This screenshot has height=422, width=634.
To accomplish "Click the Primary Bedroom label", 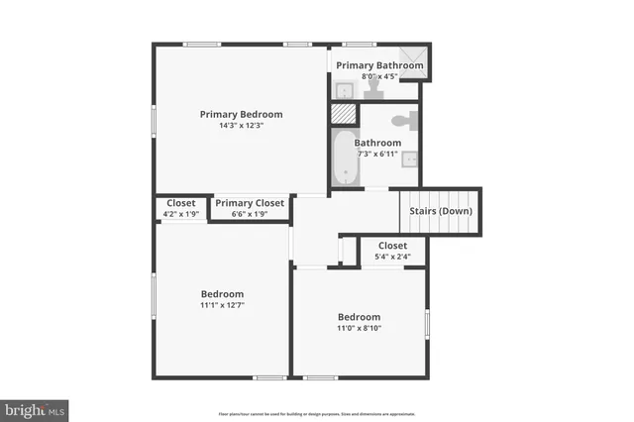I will (x=241, y=114).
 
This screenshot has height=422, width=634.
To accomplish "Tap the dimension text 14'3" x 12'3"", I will (x=241, y=126).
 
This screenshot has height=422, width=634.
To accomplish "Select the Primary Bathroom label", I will (x=379, y=65).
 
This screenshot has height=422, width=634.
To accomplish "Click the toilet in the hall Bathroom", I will (x=402, y=122).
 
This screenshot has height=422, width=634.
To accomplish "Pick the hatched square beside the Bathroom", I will (x=343, y=115).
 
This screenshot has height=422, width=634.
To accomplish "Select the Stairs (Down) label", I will (x=441, y=211).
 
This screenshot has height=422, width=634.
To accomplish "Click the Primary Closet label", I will (x=250, y=203).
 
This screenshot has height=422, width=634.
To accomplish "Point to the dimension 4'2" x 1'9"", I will (x=180, y=214).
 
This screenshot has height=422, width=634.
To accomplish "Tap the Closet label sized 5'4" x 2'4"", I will (x=392, y=246).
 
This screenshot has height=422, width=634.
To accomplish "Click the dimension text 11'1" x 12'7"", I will (x=222, y=306).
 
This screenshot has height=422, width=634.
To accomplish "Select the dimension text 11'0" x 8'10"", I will (x=360, y=328).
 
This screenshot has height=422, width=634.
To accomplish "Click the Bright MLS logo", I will (x=35, y=409).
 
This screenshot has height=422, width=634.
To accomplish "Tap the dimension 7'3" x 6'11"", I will (x=377, y=154).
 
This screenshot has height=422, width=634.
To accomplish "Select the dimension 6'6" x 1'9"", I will (x=250, y=214).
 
